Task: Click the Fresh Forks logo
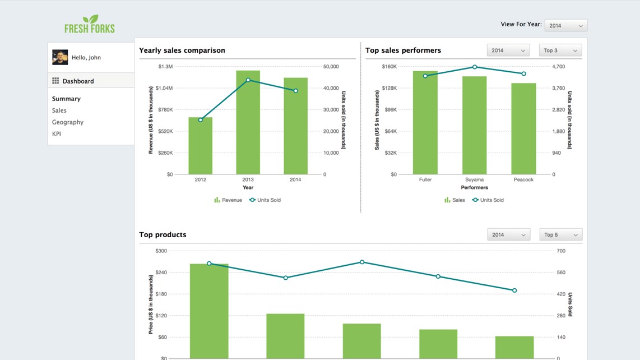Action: [90, 24]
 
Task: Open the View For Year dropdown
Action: [565, 25]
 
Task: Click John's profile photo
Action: [60, 57]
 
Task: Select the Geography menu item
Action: [68, 122]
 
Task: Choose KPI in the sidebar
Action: [57, 134]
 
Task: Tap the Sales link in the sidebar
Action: [59, 110]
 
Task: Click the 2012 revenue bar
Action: [201, 146]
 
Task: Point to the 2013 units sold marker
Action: [248, 80]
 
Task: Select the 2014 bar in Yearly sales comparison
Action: [295, 126]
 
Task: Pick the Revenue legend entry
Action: [228, 200]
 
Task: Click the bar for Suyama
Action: [475, 126]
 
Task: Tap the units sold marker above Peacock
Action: [524, 74]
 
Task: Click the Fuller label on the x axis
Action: [425, 180]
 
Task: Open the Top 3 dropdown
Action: [560, 50]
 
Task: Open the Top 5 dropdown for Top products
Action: [560, 235]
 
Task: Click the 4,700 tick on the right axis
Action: [558, 67]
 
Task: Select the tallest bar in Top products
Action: [209, 311]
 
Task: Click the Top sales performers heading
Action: [403, 50]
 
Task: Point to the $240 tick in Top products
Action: [161, 273]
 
